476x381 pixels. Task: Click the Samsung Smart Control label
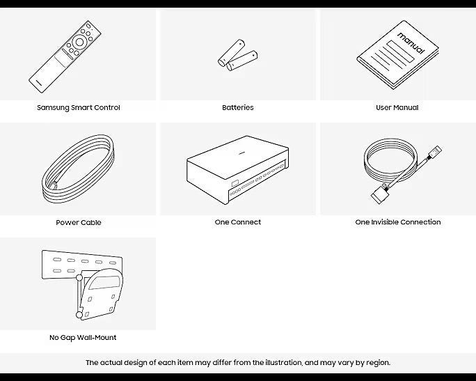[x=79, y=107]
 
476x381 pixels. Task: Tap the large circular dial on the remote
[x=79, y=42]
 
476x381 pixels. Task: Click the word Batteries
[x=238, y=107]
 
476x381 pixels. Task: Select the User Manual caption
[x=397, y=107]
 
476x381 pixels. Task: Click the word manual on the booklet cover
[x=411, y=43]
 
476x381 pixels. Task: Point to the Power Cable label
[x=79, y=222]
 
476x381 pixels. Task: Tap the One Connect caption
[x=238, y=222]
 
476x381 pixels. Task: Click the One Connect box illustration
[x=237, y=170]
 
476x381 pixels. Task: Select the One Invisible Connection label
[x=397, y=222]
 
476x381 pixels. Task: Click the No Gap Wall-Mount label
[x=83, y=337]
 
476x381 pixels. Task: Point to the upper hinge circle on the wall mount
[x=79, y=277]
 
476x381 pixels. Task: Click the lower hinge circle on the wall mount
[x=79, y=315]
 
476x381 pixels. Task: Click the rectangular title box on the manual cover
[x=400, y=52]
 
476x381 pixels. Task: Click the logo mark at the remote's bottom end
[x=38, y=82]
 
